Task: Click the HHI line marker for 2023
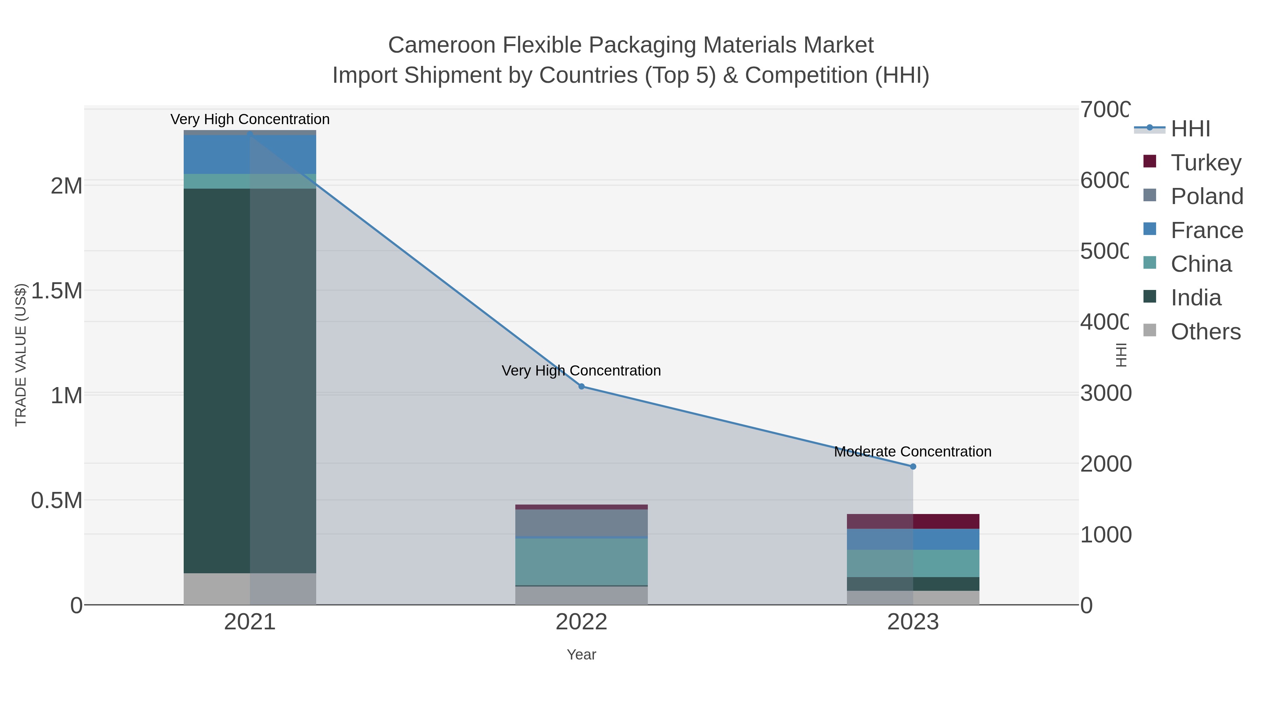tap(913, 466)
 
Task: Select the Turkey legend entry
tap(1206, 163)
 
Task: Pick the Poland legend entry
tap(1207, 196)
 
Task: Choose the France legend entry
tap(1207, 230)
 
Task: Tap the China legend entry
tap(1201, 264)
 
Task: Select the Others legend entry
tap(1205, 332)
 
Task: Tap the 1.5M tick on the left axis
tap(57, 291)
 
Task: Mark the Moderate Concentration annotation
tap(913, 451)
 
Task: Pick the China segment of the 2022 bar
tap(582, 562)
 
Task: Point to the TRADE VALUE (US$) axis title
tap(21, 355)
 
